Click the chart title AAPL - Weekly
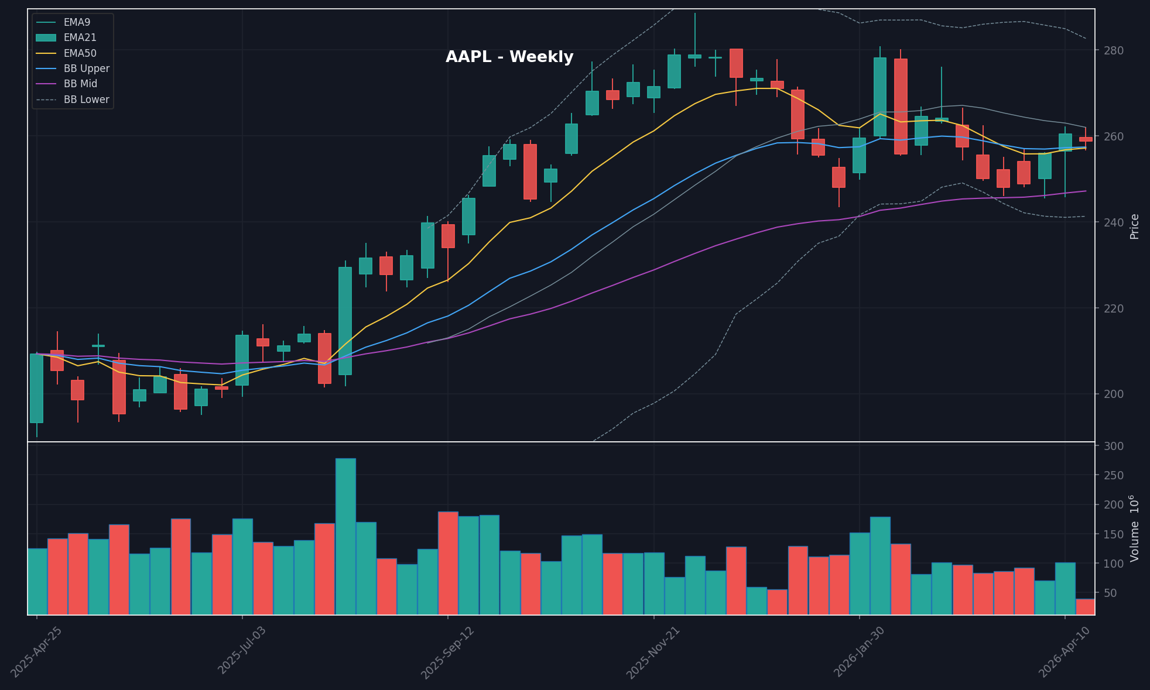[509, 57]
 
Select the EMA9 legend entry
[77, 22]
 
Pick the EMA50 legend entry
[80, 53]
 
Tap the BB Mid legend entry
[80, 84]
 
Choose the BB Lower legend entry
[86, 99]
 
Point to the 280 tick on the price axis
[1114, 50]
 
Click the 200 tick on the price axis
[1114, 394]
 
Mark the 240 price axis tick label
[1114, 222]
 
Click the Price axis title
[1135, 226]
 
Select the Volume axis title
[1135, 528]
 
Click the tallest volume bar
[345, 536]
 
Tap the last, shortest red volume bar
[1085, 606]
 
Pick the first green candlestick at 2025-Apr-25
[37, 388]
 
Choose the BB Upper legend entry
[86, 68]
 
